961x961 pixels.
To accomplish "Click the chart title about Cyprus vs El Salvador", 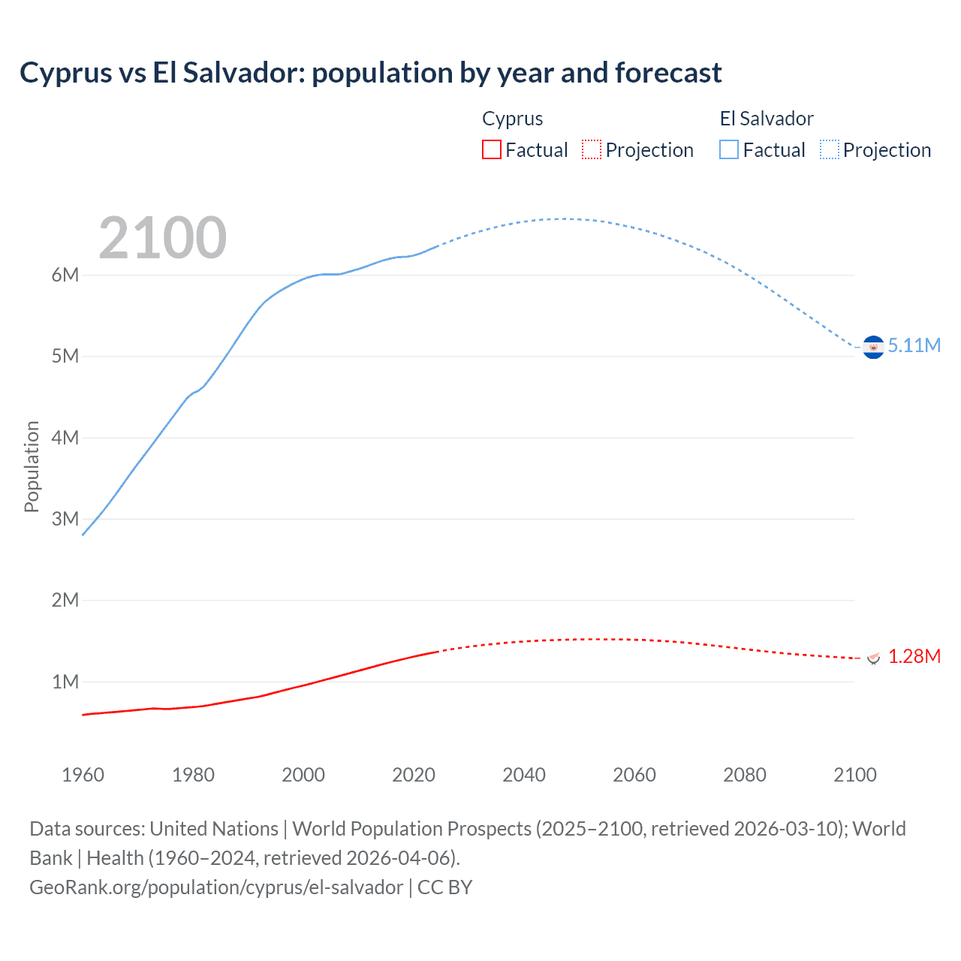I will [x=370, y=73].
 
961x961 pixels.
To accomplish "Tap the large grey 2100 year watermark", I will [x=162, y=238].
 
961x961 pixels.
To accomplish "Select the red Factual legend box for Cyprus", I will [x=491, y=150].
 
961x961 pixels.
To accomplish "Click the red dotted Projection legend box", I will [x=592, y=150].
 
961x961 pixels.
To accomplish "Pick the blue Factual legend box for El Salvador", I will [x=728, y=150].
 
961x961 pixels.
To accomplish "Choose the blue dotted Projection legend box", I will [x=829, y=150].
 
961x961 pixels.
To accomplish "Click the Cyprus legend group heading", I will [x=512, y=119].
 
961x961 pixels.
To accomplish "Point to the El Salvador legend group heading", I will [x=766, y=119].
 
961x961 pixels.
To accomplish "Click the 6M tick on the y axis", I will [x=65, y=275].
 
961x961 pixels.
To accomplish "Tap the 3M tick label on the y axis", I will [x=65, y=519].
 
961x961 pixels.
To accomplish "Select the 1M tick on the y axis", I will [x=65, y=682].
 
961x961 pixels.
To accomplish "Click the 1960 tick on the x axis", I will [x=83, y=775].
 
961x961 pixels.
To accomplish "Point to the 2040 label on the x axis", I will [x=524, y=775].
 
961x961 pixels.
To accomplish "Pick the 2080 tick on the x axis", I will [x=745, y=775].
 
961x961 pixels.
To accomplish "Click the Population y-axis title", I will [x=32, y=466].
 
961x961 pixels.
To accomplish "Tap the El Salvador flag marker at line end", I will [x=873, y=347].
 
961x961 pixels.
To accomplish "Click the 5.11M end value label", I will [x=914, y=345].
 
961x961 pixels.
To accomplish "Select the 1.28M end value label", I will [x=914, y=657].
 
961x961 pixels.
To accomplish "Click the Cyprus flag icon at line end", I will [x=873, y=658].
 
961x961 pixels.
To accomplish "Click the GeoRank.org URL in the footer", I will [x=215, y=887].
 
